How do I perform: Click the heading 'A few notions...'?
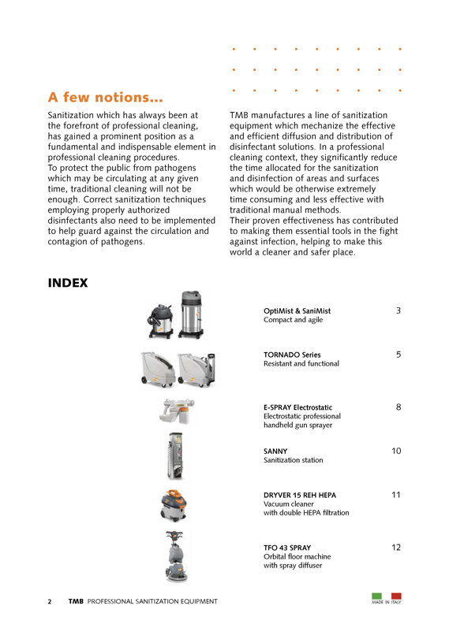pyautogui.click(x=106, y=98)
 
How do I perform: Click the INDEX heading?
pyautogui.click(x=68, y=283)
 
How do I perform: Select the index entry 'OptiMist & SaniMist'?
pyautogui.click(x=297, y=311)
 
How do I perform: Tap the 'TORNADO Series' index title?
pyautogui.click(x=292, y=355)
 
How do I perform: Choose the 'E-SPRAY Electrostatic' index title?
pyautogui.click(x=302, y=407)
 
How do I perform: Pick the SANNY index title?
pyautogui.click(x=275, y=451)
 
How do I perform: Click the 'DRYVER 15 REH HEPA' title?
pyautogui.click(x=300, y=495)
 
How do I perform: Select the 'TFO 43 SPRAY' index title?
pyautogui.click(x=287, y=548)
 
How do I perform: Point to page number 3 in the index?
pyautogui.click(x=398, y=311)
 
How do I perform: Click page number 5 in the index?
pyautogui.click(x=398, y=355)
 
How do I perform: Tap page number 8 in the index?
pyautogui.click(x=398, y=407)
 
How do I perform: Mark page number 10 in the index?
pyautogui.click(x=396, y=451)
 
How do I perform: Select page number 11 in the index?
pyautogui.click(x=396, y=495)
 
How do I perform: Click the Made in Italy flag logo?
pyautogui.click(x=386, y=598)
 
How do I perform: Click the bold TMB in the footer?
pyautogui.click(x=76, y=601)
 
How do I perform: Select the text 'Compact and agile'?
pyautogui.click(x=293, y=321)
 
